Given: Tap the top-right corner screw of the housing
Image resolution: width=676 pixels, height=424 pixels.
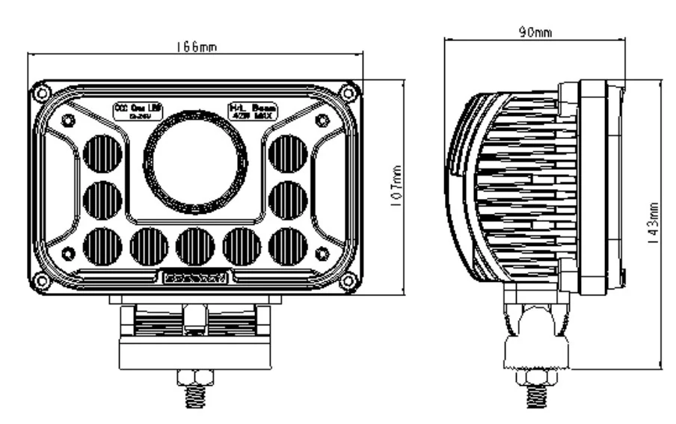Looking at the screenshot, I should (x=347, y=93).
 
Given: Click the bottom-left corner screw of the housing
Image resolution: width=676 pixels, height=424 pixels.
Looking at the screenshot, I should (x=43, y=281).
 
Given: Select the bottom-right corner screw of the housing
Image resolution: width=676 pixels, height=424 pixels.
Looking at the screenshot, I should (x=347, y=281).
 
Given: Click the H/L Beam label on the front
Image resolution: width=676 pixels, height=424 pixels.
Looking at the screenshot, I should (x=253, y=111).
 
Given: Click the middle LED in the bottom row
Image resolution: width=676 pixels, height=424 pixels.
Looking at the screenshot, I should (x=195, y=246).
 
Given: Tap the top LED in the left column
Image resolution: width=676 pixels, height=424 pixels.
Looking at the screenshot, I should (x=102, y=154).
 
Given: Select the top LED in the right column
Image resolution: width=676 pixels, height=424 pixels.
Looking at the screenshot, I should (x=288, y=154).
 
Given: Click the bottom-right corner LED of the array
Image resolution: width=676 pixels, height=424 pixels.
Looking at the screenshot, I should (x=288, y=246).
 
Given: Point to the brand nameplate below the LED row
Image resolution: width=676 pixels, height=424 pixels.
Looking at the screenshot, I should (x=196, y=277).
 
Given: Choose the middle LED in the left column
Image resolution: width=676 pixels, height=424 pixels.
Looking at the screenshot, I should (x=102, y=200).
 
